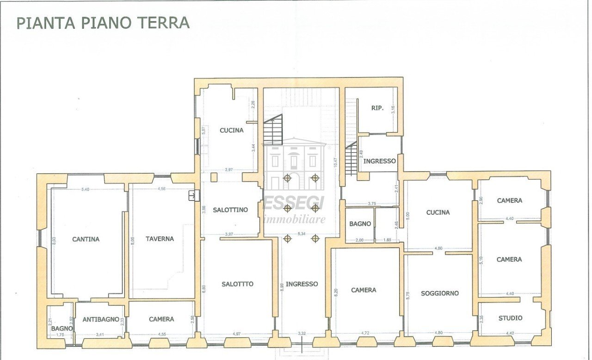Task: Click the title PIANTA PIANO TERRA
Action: pyautogui.click(x=103, y=23)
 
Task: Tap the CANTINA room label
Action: pyautogui.click(x=86, y=239)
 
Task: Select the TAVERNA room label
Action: pyautogui.click(x=160, y=239)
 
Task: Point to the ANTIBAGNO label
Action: pyautogui.click(x=101, y=319)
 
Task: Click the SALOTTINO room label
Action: pyautogui.click(x=230, y=210)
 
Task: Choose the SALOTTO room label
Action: pyautogui.click(x=237, y=284)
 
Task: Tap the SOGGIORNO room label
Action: pyautogui.click(x=440, y=293)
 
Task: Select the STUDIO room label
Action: pyautogui.click(x=511, y=318)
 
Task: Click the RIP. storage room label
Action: pyautogui.click(x=377, y=108)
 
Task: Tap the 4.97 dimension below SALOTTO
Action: pyautogui.click(x=237, y=333)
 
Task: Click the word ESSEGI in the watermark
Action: pyautogui.click(x=294, y=203)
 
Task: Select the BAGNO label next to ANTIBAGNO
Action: pyautogui.click(x=62, y=328)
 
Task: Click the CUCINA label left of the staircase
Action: pyautogui.click(x=231, y=130)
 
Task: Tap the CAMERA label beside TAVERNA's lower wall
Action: pyautogui.click(x=161, y=319)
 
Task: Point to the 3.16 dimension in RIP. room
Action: pyautogui.click(x=394, y=111)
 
